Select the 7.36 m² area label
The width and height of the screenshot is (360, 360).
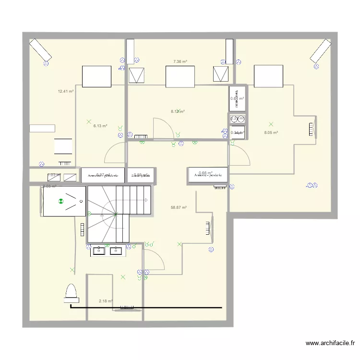180,61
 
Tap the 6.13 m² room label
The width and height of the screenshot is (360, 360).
100,126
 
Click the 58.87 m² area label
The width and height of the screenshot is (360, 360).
179,207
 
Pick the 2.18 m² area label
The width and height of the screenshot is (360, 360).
106,301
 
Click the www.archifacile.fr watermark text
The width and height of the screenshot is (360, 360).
330,343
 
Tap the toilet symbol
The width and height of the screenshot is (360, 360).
71,294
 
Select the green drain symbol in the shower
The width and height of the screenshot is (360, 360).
61,202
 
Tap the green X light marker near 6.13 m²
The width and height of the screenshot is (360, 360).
88,122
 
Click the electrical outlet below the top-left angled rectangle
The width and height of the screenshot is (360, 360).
46,63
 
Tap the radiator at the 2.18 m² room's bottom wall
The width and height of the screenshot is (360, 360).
126,309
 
